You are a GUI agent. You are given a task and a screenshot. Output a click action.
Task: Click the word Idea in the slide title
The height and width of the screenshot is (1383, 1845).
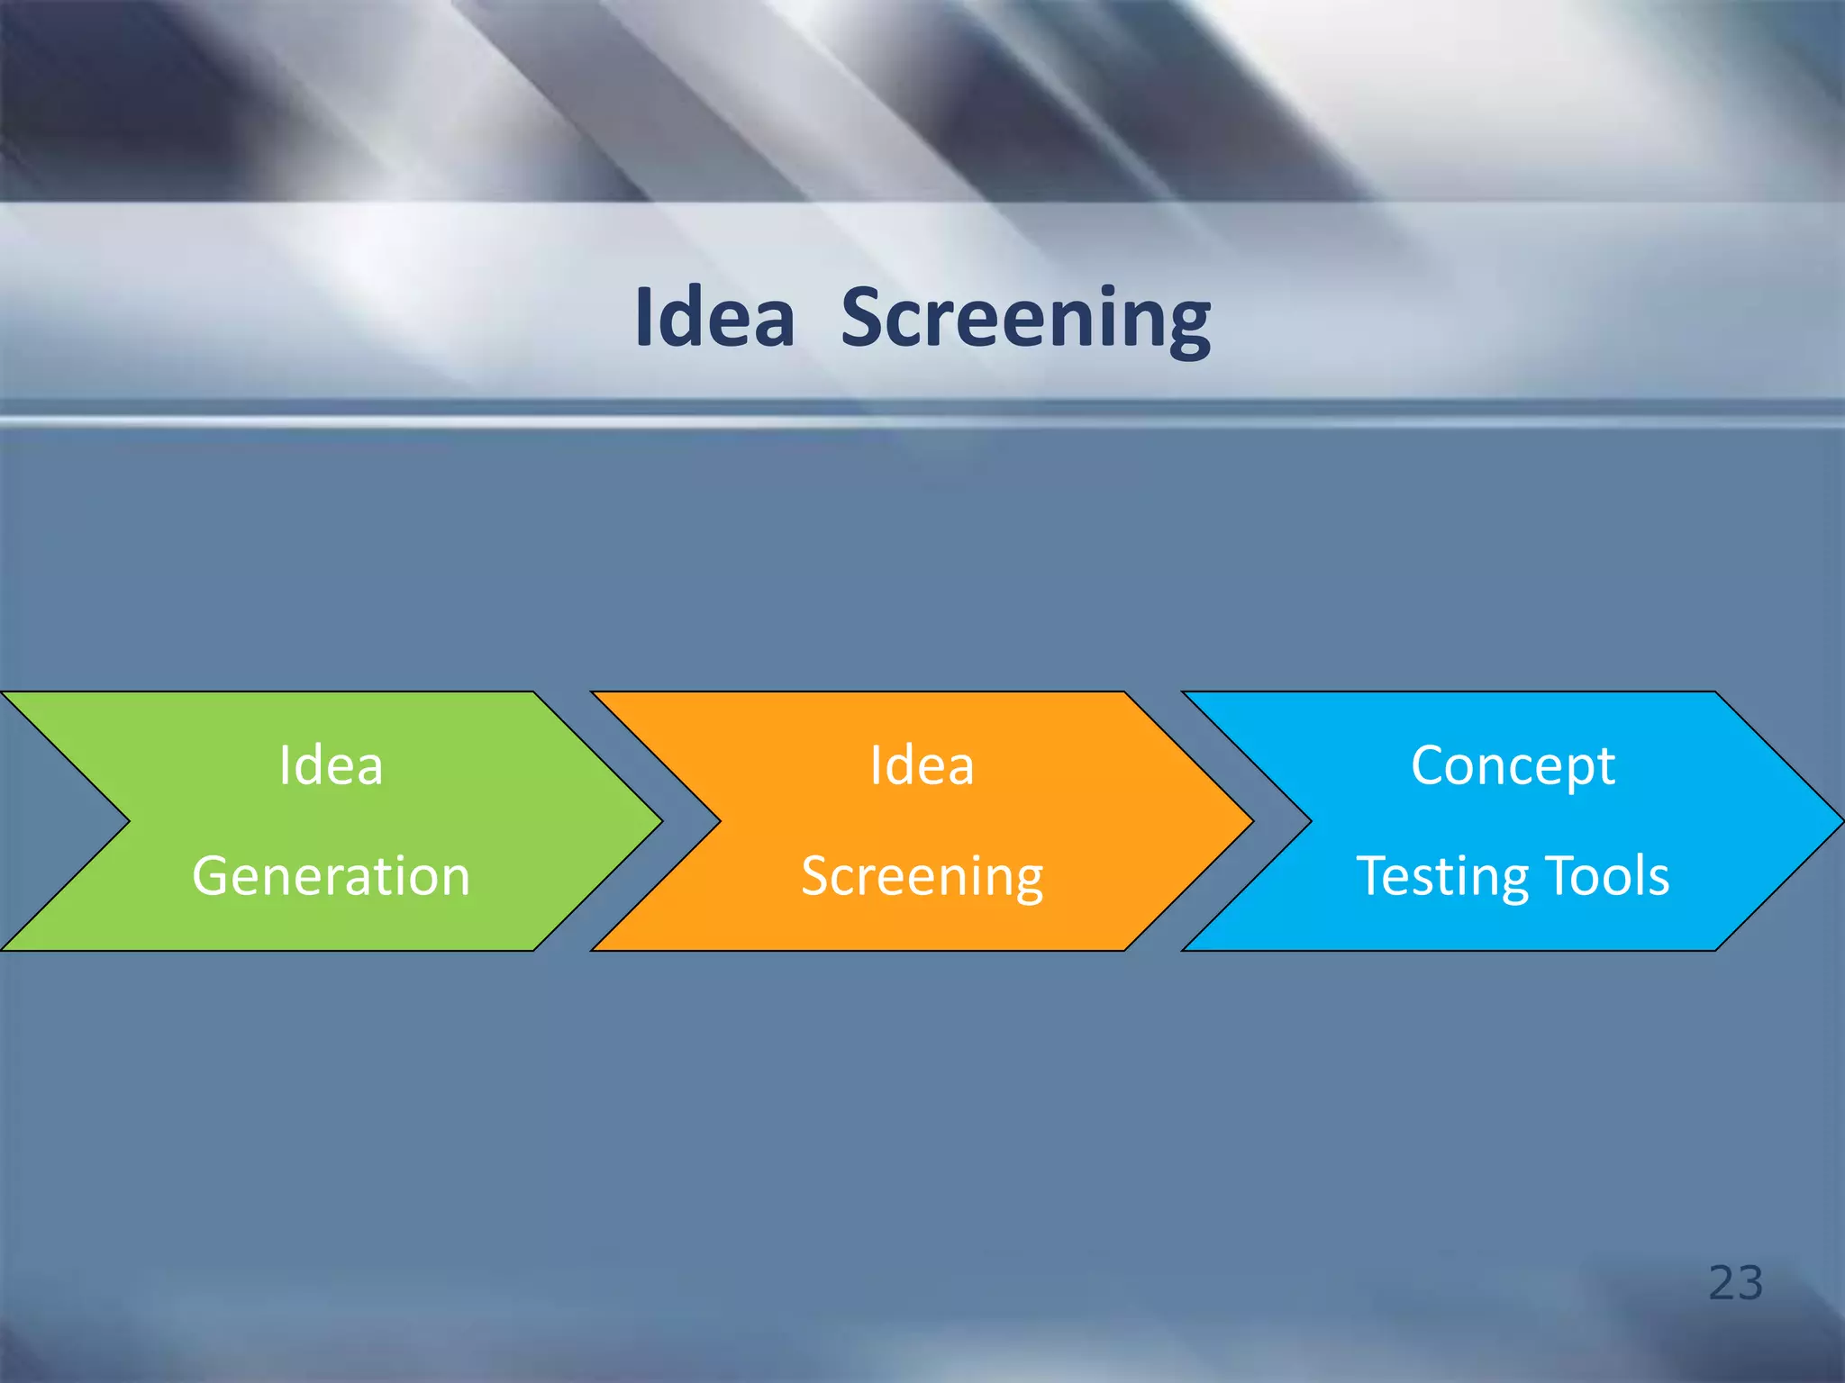tap(714, 318)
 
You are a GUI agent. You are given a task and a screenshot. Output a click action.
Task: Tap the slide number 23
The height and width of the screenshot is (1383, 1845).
tap(1735, 1282)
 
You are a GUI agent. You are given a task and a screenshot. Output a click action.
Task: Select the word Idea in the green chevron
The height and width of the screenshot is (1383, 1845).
tap(331, 766)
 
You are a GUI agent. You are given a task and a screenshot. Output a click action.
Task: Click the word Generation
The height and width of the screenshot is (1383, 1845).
tap(331, 876)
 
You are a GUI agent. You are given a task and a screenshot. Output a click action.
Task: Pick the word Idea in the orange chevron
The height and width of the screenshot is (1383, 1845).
tap(922, 766)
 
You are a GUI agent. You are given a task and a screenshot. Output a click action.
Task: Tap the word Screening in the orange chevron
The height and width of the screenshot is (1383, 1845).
tap(922, 876)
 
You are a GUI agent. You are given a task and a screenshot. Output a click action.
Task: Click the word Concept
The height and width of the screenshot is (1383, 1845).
tap(1513, 766)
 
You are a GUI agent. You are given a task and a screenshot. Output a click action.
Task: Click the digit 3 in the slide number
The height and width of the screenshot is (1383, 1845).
tap(1750, 1282)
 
